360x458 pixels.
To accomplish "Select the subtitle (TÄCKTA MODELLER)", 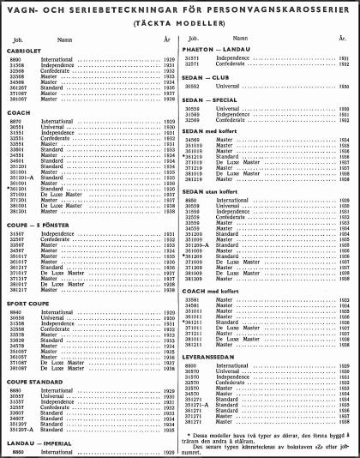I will (180, 24).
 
